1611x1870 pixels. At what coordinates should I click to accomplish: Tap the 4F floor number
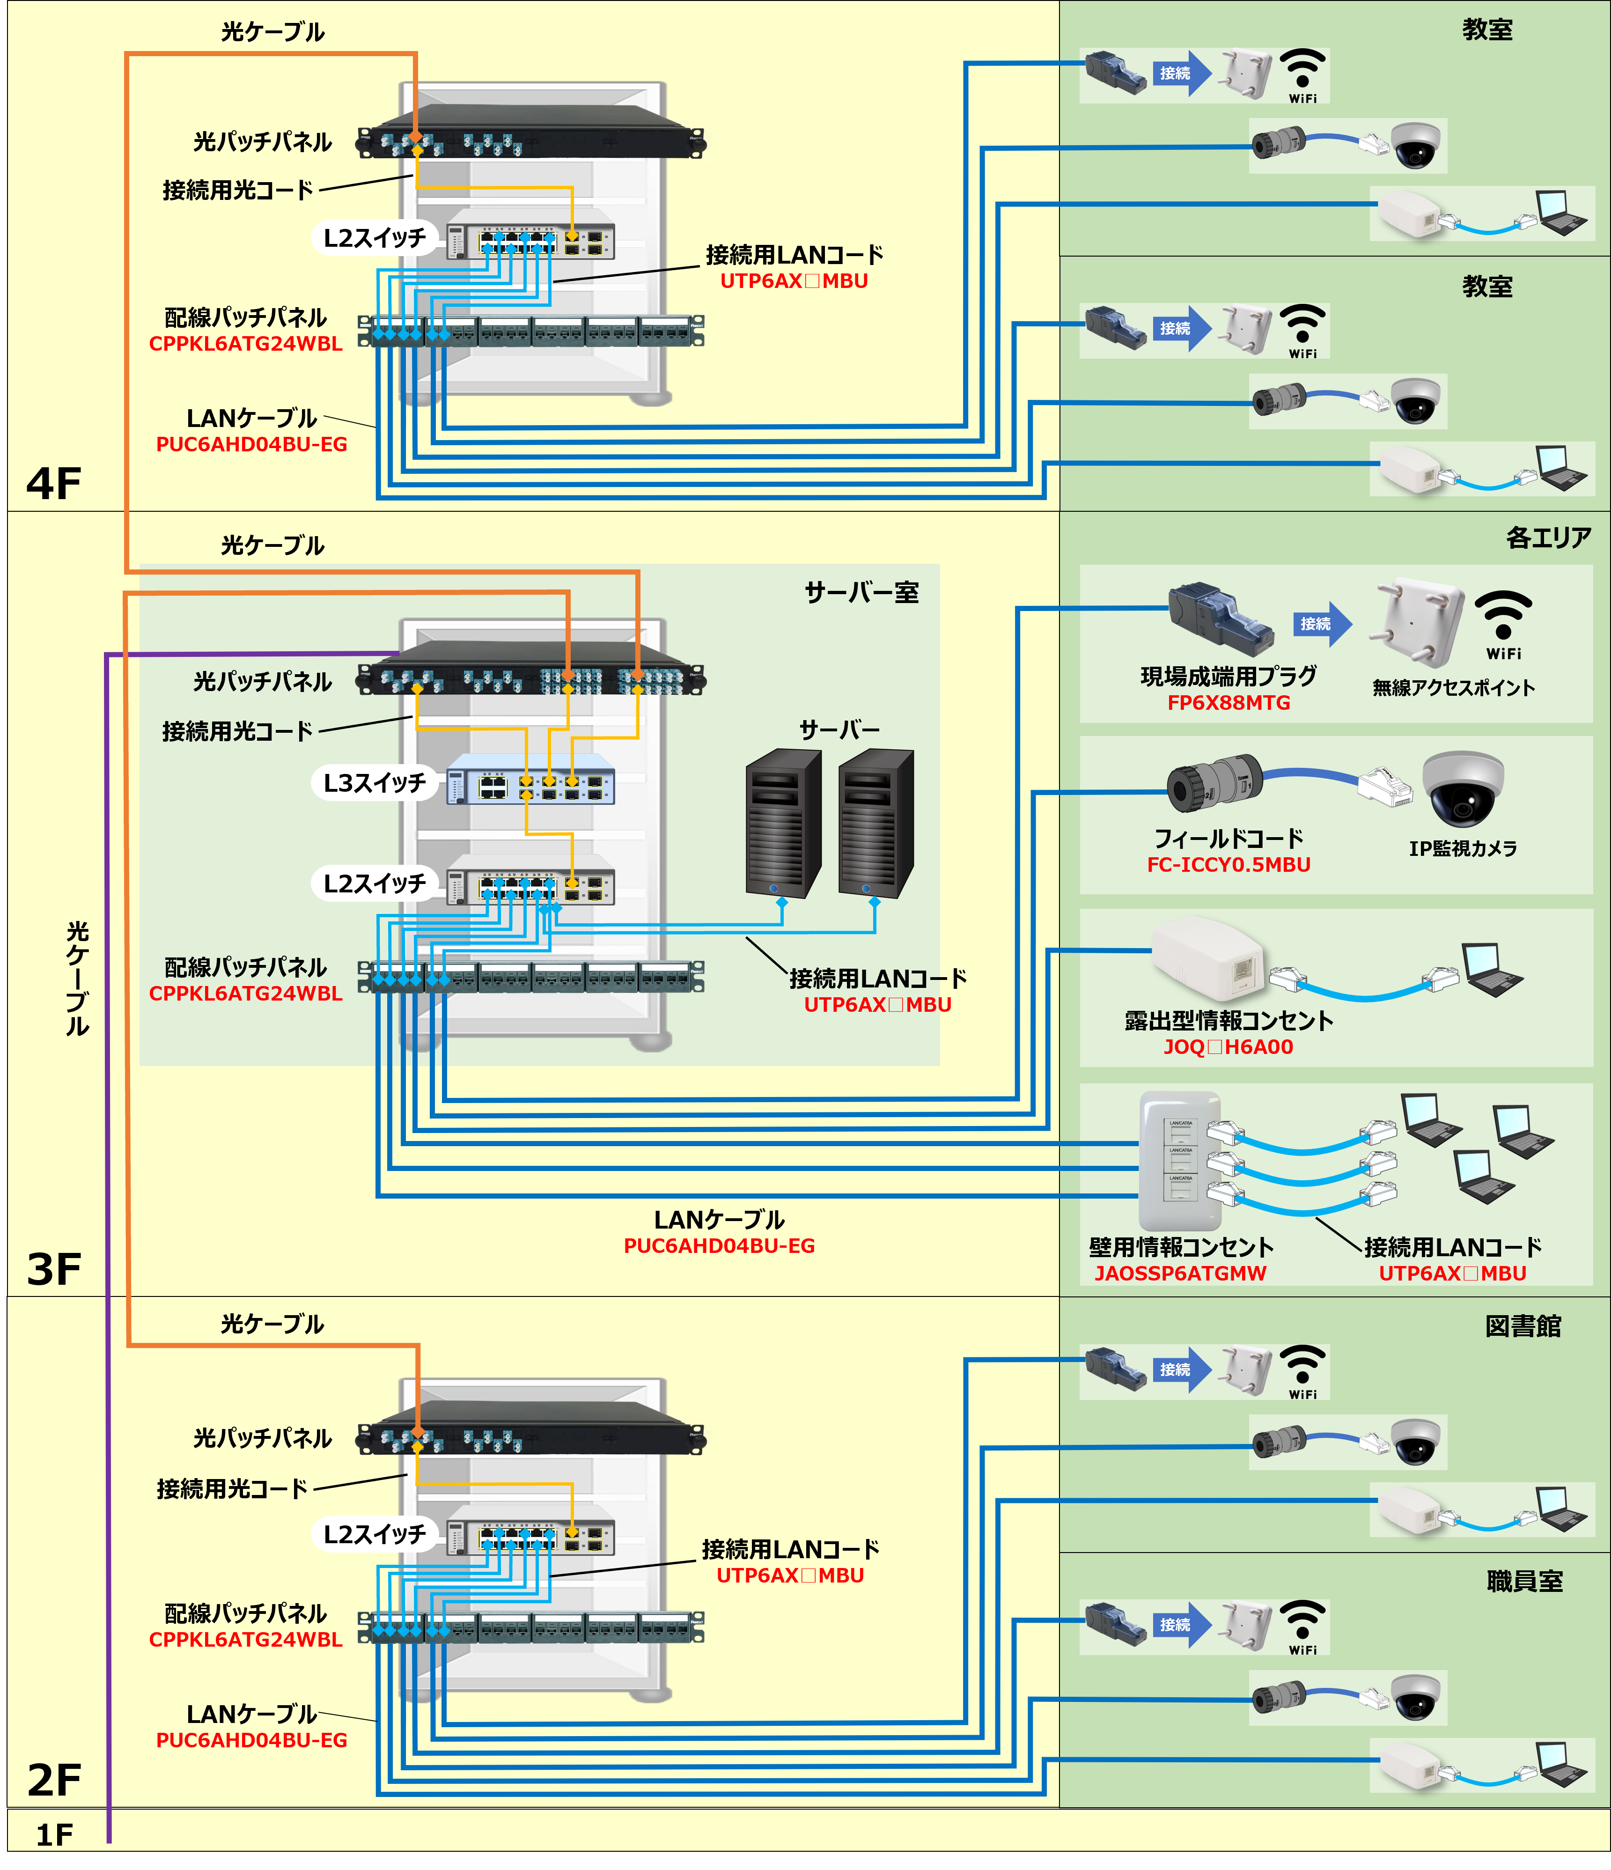(54, 484)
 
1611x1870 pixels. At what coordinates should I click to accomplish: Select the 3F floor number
(54, 1269)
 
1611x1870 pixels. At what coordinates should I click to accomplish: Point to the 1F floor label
(54, 1834)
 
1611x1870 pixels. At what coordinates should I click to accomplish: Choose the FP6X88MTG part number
(1228, 703)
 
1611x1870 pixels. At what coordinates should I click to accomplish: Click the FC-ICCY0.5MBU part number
(1228, 865)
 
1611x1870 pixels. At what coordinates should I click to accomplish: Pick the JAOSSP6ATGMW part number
(1180, 1274)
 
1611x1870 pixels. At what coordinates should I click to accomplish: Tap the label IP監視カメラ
(1463, 848)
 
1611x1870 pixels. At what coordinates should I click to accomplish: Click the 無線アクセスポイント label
(1453, 688)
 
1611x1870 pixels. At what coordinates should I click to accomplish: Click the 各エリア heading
(1548, 538)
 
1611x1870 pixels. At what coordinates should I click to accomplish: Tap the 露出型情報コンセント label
(1228, 1021)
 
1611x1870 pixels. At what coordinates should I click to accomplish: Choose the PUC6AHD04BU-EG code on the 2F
(252, 1740)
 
